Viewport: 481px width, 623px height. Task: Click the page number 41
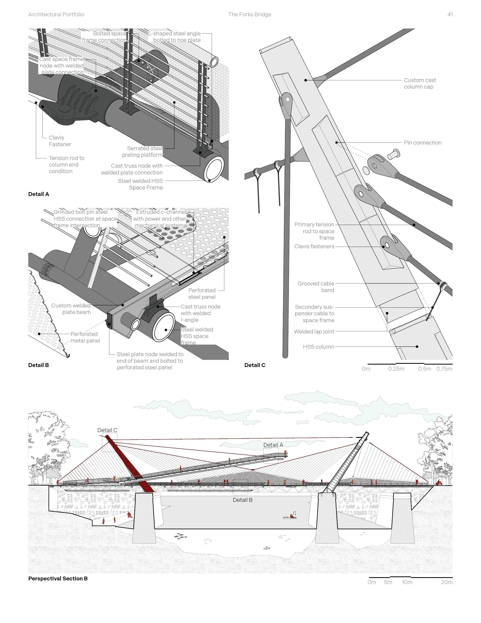450,14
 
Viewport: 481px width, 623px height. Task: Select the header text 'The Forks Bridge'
250,14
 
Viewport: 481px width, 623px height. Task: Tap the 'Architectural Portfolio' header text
56,14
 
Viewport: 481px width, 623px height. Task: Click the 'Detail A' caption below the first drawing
39,194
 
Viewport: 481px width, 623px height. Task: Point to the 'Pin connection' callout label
422,143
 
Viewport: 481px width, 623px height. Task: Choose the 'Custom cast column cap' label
420,84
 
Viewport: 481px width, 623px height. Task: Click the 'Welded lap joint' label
314,331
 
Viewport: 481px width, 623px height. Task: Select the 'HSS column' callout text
318,347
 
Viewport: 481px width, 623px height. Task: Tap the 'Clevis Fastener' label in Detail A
60,141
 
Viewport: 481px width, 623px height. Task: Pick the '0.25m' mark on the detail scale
396,369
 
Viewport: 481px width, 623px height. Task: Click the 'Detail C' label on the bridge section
107,430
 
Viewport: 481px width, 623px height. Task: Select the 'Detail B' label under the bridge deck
242,500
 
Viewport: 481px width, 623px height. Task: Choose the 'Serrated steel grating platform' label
142,152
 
